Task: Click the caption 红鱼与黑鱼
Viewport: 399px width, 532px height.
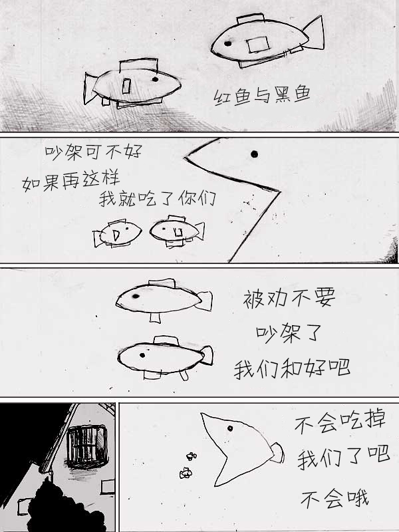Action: (x=262, y=95)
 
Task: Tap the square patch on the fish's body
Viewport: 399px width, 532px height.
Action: (x=258, y=45)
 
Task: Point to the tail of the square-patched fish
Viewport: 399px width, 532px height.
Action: (x=314, y=33)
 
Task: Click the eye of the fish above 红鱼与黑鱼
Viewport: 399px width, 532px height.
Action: (x=228, y=43)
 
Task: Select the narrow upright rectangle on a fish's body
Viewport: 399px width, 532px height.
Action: (x=126, y=86)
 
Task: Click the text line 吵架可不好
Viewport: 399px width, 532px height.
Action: (x=93, y=152)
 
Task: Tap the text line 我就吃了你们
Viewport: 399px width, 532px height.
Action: (x=158, y=198)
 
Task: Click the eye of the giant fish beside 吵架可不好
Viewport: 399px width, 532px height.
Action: (x=254, y=154)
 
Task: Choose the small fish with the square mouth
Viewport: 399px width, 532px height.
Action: (x=177, y=231)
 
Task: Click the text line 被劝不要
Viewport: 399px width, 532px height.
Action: (x=289, y=298)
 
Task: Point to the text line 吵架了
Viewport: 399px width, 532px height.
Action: (x=289, y=333)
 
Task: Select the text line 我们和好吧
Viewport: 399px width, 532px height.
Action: (x=292, y=368)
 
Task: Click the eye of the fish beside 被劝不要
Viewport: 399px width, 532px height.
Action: (x=136, y=296)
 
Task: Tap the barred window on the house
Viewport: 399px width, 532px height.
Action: (x=87, y=446)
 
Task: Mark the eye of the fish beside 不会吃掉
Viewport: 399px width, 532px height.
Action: (x=230, y=428)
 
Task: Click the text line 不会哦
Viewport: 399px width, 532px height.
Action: (x=334, y=499)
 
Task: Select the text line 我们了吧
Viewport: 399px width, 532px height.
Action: (x=343, y=458)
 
